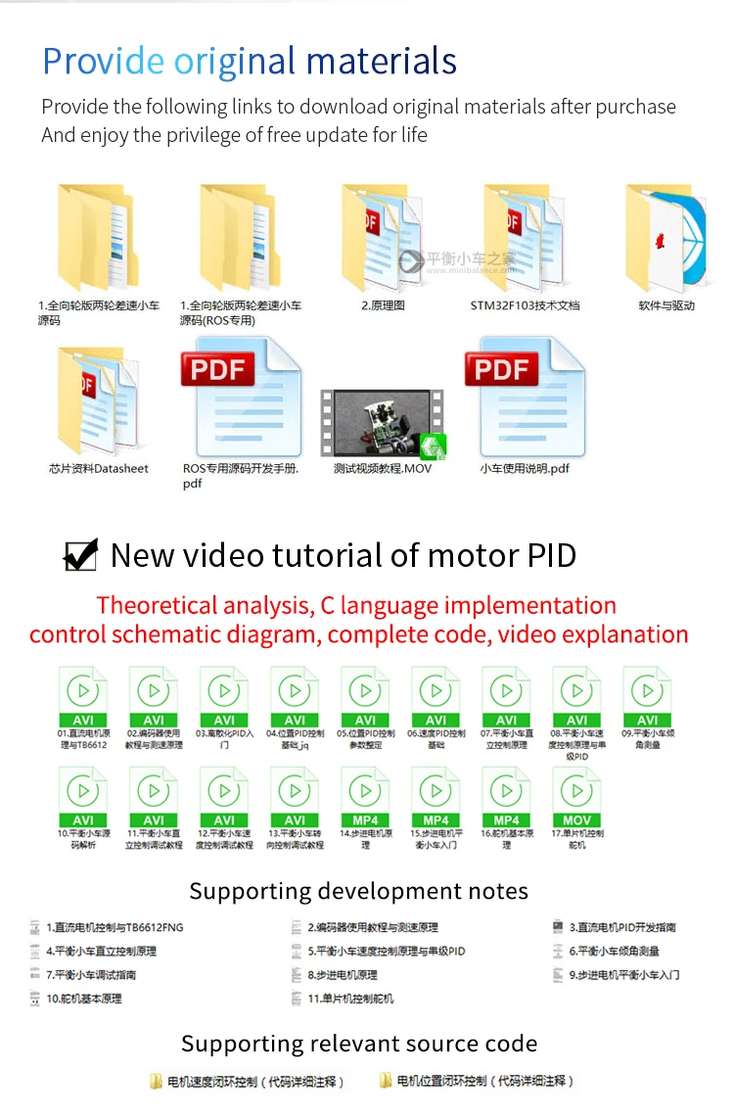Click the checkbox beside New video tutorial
[x=80, y=555]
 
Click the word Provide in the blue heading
[x=103, y=61]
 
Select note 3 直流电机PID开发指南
[x=622, y=927]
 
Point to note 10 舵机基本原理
[x=82, y=999]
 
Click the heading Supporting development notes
[x=358, y=891]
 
